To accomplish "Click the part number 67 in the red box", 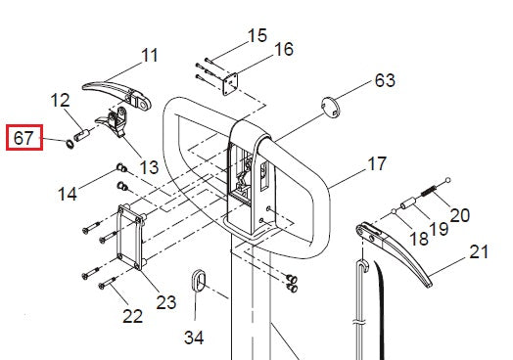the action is pos(23,138).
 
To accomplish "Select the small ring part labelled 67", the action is pos(70,144).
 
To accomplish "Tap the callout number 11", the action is pos(150,55).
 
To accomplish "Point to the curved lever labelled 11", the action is pos(117,94).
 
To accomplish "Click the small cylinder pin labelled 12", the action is pos(81,135).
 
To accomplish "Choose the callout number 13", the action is pos(149,167).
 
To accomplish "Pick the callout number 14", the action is pos(68,194).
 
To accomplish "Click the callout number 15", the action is pos(257,35).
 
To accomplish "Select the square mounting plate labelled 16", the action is pos(230,84).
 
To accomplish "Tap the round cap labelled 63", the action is pos(331,107).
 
